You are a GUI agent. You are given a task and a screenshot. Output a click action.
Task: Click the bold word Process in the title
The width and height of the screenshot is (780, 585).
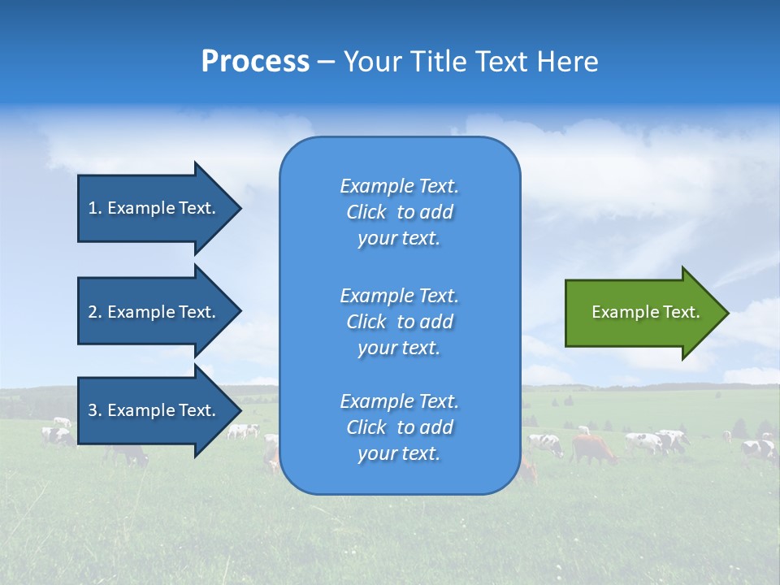(255, 62)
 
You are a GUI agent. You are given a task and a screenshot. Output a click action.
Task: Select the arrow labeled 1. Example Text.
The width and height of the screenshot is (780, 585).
(154, 208)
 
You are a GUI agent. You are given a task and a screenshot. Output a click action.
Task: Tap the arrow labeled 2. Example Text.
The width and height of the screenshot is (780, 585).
(154, 312)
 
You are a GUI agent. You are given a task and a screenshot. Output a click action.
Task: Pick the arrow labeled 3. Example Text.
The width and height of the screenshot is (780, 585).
(154, 410)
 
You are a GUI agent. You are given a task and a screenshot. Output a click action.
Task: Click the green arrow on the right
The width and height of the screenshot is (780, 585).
(642, 312)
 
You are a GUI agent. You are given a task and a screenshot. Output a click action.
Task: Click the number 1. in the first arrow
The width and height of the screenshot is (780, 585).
(94, 208)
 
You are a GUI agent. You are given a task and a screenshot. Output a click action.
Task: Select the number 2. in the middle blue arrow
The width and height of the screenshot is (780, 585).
(94, 312)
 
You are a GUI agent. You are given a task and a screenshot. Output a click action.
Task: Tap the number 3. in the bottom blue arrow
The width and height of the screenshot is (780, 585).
(94, 410)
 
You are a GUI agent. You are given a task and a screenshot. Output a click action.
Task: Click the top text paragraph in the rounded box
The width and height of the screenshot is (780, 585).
(399, 212)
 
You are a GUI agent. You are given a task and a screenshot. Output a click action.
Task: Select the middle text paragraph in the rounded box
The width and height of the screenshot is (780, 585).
(399, 322)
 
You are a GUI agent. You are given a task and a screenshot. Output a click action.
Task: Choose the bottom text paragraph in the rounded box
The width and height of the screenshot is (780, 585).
(399, 427)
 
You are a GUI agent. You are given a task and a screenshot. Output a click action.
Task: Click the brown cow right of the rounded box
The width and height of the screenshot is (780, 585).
(592, 448)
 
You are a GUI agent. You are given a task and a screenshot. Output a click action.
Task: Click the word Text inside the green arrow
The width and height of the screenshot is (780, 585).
(682, 312)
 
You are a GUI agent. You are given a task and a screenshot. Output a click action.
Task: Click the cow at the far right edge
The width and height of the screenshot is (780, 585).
(760, 448)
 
